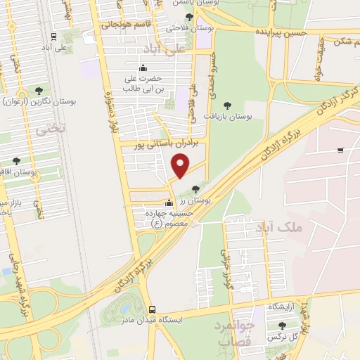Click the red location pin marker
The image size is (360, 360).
pos(181,166)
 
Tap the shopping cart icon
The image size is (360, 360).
pos(340,150)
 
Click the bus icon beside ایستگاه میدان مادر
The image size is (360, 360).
pos(152,309)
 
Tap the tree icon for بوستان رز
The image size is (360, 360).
pos(195,188)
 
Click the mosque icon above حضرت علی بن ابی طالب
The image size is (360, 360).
pos(143,67)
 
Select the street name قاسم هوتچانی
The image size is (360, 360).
pos(131,25)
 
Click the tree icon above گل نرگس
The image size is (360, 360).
pos(282,326)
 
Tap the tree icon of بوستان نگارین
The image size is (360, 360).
pos(38,90)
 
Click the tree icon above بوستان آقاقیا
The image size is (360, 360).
pos(16,161)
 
